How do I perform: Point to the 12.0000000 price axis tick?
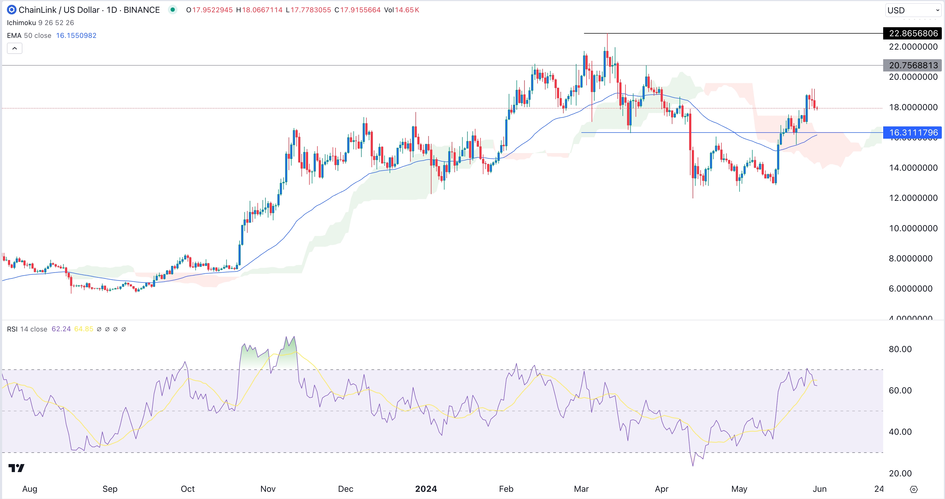(x=913, y=198)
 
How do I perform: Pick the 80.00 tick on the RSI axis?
(x=900, y=349)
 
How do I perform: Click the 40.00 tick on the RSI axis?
(x=900, y=432)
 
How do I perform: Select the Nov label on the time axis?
(x=268, y=489)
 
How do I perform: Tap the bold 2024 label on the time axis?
(x=426, y=489)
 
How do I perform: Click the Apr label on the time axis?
(x=661, y=489)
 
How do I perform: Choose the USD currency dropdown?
(x=913, y=10)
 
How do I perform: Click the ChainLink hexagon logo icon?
(x=12, y=10)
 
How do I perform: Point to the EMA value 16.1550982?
(x=76, y=36)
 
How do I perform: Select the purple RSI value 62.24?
(x=61, y=329)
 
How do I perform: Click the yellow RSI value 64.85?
(x=84, y=329)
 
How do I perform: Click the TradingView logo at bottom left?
(x=17, y=468)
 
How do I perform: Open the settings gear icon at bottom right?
(x=914, y=489)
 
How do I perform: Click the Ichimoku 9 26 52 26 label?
(x=40, y=23)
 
